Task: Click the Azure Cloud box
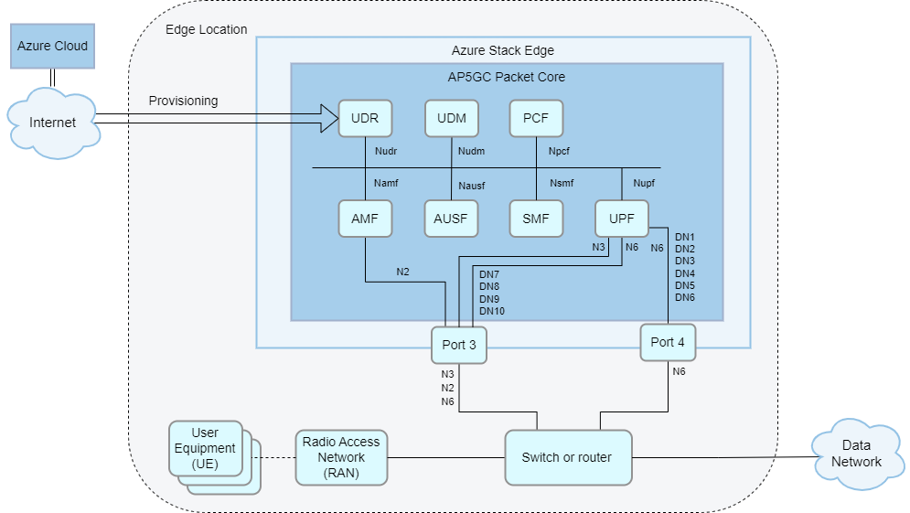(52, 46)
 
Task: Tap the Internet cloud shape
(52, 123)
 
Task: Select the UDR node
(365, 118)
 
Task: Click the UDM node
(452, 118)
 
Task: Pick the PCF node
(536, 118)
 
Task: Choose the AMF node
(365, 219)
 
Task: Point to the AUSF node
(452, 219)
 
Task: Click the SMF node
(536, 219)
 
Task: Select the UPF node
(622, 219)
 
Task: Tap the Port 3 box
(459, 345)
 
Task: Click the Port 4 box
(668, 342)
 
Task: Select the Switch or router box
(567, 457)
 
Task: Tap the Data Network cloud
(856, 454)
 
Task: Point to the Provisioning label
(183, 101)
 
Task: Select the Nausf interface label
(471, 186)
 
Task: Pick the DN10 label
(492, 311)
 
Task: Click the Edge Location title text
(206, 29)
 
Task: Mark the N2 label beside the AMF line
(403, 271)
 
